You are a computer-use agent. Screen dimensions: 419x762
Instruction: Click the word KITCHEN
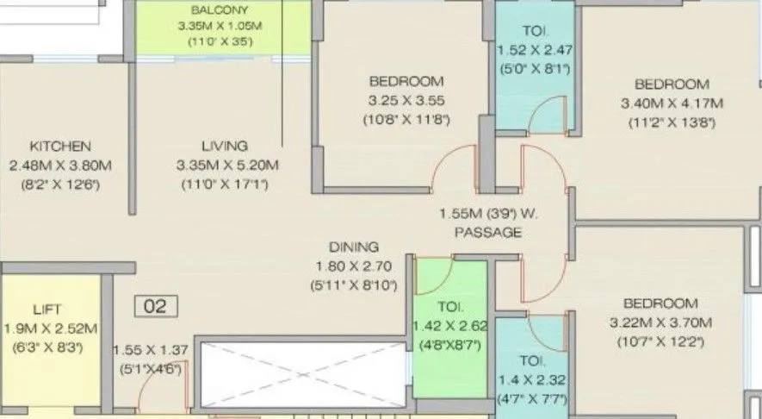coord(60,146)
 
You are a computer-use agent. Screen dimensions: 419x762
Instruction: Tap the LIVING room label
coord(225,146)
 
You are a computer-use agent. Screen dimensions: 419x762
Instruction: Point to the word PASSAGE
coord(488,233)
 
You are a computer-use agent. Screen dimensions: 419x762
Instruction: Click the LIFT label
coord(47,309)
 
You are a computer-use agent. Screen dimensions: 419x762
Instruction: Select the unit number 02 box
coord(156,306)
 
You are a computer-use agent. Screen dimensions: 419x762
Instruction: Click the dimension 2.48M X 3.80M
coord(61,165)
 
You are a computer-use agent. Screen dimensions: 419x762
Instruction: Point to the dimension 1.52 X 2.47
coord(535,50)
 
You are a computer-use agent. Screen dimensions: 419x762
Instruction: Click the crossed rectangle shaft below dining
coord(301,373)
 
